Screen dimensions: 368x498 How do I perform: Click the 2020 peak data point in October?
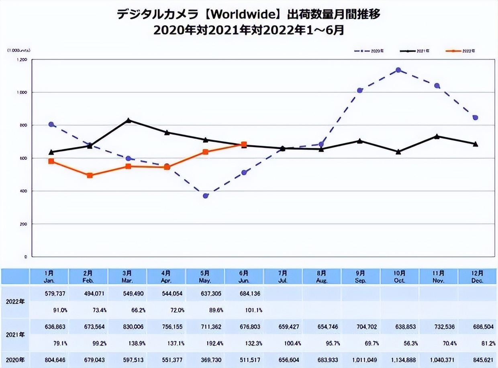click(x=398, y=70)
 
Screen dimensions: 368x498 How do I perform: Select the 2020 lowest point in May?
click(x=205, y=196)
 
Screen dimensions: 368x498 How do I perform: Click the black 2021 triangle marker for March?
click(x=128, y=120)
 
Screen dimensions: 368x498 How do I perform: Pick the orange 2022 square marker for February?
click(x=90, y=175)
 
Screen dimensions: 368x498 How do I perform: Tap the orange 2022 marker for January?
click(x=51, y=161)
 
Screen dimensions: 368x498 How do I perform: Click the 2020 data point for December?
click(x=475, y=117)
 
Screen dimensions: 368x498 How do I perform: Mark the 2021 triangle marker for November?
click(x=437, y=136)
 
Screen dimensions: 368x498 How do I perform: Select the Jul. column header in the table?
click(x=283, y=277)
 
